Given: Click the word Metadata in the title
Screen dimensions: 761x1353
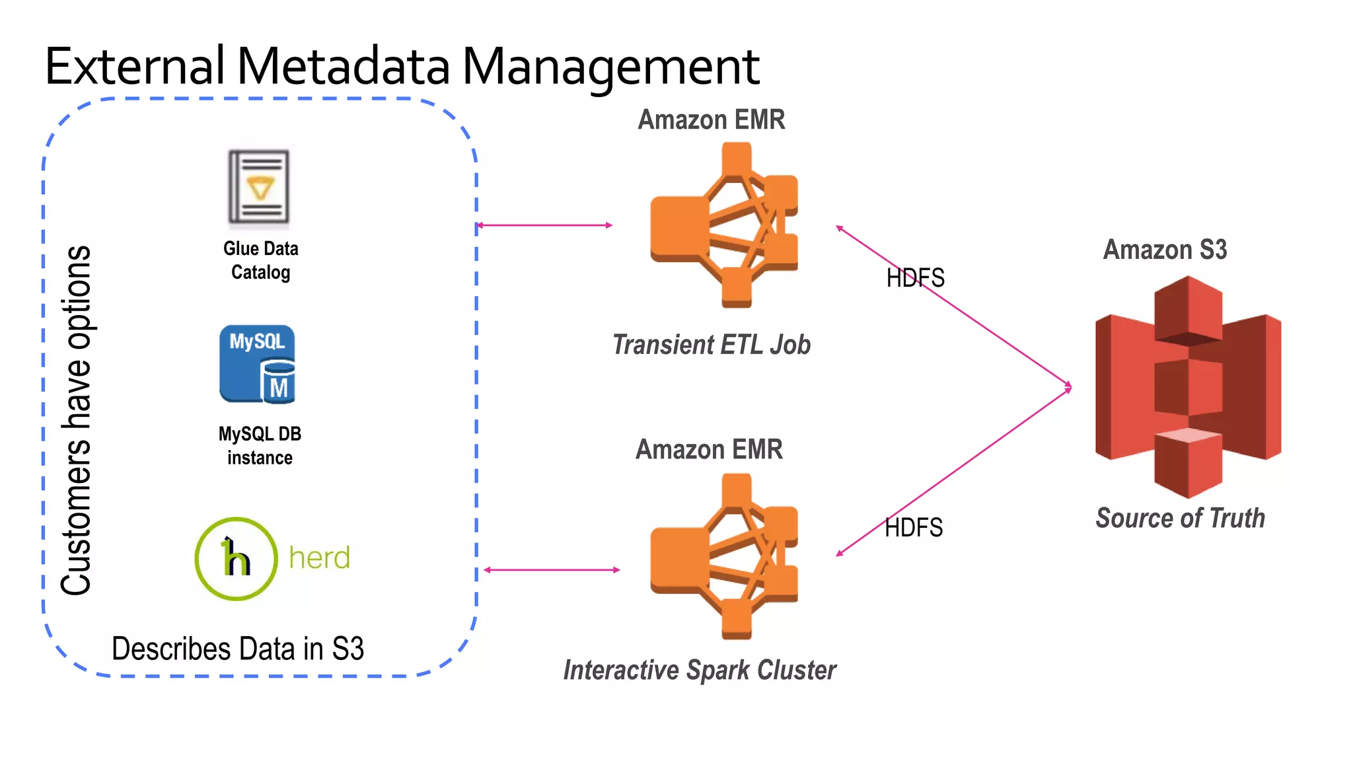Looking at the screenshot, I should tap(343, 67).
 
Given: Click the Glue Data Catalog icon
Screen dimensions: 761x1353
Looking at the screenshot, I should tap(259, 188).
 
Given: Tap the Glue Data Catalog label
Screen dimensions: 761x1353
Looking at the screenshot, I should tap(260, 260).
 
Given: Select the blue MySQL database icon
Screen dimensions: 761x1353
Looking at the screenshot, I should tap(257, 364).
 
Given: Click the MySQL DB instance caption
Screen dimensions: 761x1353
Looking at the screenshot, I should tap(260, 445).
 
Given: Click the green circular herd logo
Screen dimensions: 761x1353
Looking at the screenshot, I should tap(236, 559).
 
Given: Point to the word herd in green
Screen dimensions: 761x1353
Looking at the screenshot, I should tap(319, 558).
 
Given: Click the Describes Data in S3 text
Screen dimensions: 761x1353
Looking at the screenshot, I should tap(238, 649).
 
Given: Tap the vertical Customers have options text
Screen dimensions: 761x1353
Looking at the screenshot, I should tap(76, 420).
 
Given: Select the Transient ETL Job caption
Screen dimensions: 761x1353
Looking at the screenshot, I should tap(711, 345).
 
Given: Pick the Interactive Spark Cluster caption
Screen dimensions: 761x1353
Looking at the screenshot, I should tap(699, 670).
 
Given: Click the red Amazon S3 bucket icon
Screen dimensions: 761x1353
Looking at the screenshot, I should tap(1188, 387).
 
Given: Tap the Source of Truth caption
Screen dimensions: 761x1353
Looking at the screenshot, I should tap(1180, 518).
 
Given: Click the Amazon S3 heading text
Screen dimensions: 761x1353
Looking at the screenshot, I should tap(1165, 250).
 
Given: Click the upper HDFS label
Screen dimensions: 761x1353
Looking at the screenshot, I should tap(915, 278).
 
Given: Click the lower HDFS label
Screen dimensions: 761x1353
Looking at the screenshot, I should tap(914, 528).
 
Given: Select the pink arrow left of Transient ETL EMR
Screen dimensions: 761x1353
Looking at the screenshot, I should tap(544, 225).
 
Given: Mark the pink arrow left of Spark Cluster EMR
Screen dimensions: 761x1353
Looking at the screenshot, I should tap(552, 569).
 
